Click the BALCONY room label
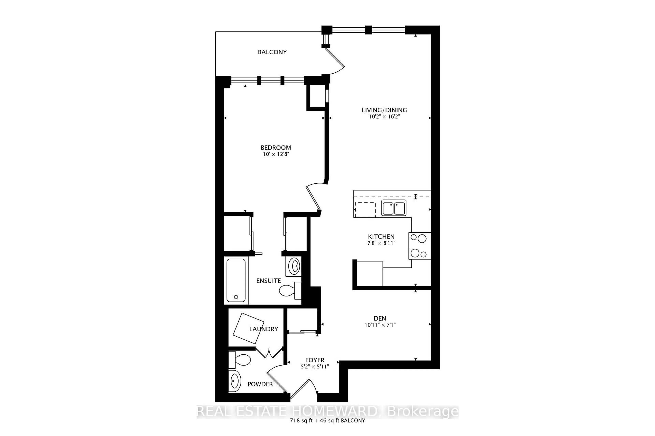pyautogui.click(x=272, y=52)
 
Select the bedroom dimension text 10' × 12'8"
pyautogui.click(x=276, y=154)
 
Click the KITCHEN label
pyautogui.click(x=381, y=237)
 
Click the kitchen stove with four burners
pyautogui.click(x=419, y=246)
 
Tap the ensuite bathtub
pyautogui.click(x=236, y=280)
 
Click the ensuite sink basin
pyautogui.click(x=294, y=266)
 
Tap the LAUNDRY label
pyautogui.click(x=263, y=329)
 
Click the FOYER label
pyautogui.click(x=315, y=360)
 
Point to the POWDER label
pyautogui.click(x=260, y=384)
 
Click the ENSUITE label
pyautogui.click(x=268, y=281)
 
